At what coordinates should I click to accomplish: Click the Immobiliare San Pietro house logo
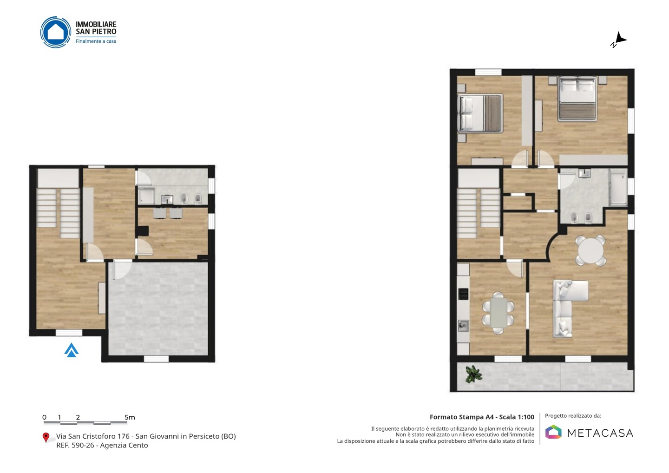[x=56, y=32]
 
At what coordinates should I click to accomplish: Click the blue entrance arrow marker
[x=72, y=350]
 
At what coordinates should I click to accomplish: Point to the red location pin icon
[x=46, y=438]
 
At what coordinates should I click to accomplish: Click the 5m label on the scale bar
[x=130, y=417]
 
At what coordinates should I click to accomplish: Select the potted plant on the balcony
[x=473, y=374]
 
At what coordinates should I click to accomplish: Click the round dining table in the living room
[x=591, y=250]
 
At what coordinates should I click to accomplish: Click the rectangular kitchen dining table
[x=498, y=313]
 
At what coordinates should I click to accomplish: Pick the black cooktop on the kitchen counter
[x=463, y=294]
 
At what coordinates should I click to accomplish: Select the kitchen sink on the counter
[x=463, y=326]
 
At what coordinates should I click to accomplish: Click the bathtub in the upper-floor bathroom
[x=617, y=188]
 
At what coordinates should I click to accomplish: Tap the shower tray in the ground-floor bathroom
[x=146, y=196]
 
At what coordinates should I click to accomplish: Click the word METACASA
[x=600, y=433]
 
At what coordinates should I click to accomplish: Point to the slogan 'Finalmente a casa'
[x=96, y=41]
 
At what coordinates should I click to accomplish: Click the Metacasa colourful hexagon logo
[x=553, y=432]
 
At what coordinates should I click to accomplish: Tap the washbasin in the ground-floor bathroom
[x=167, y=199]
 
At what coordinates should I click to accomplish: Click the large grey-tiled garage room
[x=158, y=309]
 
